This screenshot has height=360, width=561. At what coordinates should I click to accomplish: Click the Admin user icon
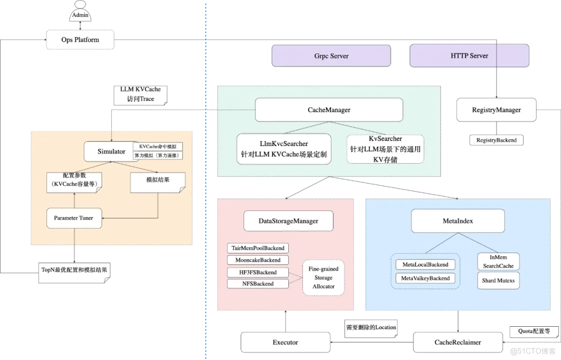pos(80,11)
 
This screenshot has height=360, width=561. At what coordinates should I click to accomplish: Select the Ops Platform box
pos(80,39)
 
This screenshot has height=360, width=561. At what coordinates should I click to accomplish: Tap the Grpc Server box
pos(331,56)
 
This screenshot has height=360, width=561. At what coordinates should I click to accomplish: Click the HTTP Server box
pos(469,56)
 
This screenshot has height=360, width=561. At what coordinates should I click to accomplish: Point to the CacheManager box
pos(328,110)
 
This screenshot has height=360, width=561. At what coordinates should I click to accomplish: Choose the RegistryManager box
pos(496,110)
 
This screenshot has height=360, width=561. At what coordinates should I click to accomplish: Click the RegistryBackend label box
pos(496,140)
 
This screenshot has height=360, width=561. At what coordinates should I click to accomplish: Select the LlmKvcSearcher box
pos(284,149)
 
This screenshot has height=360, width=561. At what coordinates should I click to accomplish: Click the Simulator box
pos(111,152)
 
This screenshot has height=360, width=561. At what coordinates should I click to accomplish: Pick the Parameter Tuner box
pos(73,218)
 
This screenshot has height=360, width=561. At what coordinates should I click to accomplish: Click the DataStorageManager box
pos(288,221)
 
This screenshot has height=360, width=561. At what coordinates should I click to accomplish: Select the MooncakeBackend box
pos(258,260)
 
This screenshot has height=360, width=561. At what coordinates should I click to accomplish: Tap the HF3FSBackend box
pos(258,272)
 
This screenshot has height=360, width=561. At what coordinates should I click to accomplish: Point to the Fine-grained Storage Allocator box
pos(323,278)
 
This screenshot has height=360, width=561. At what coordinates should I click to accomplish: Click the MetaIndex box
pos(458,221)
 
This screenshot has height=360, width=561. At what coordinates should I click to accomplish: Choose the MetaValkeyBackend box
pos(425,278)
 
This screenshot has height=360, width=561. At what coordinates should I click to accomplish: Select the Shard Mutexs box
pos(498,281)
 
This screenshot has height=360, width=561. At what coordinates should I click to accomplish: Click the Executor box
pos(285,342)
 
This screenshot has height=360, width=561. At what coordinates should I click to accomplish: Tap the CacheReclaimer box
pos(457,342)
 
